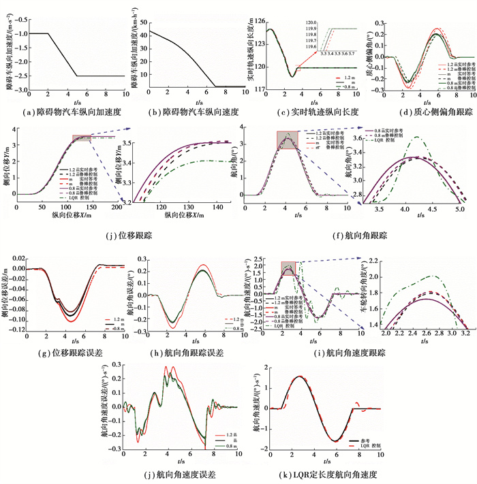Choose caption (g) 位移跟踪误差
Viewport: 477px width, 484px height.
64,353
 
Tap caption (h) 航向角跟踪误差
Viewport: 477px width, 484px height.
183,353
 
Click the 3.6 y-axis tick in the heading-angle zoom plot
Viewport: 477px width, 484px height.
359,138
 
